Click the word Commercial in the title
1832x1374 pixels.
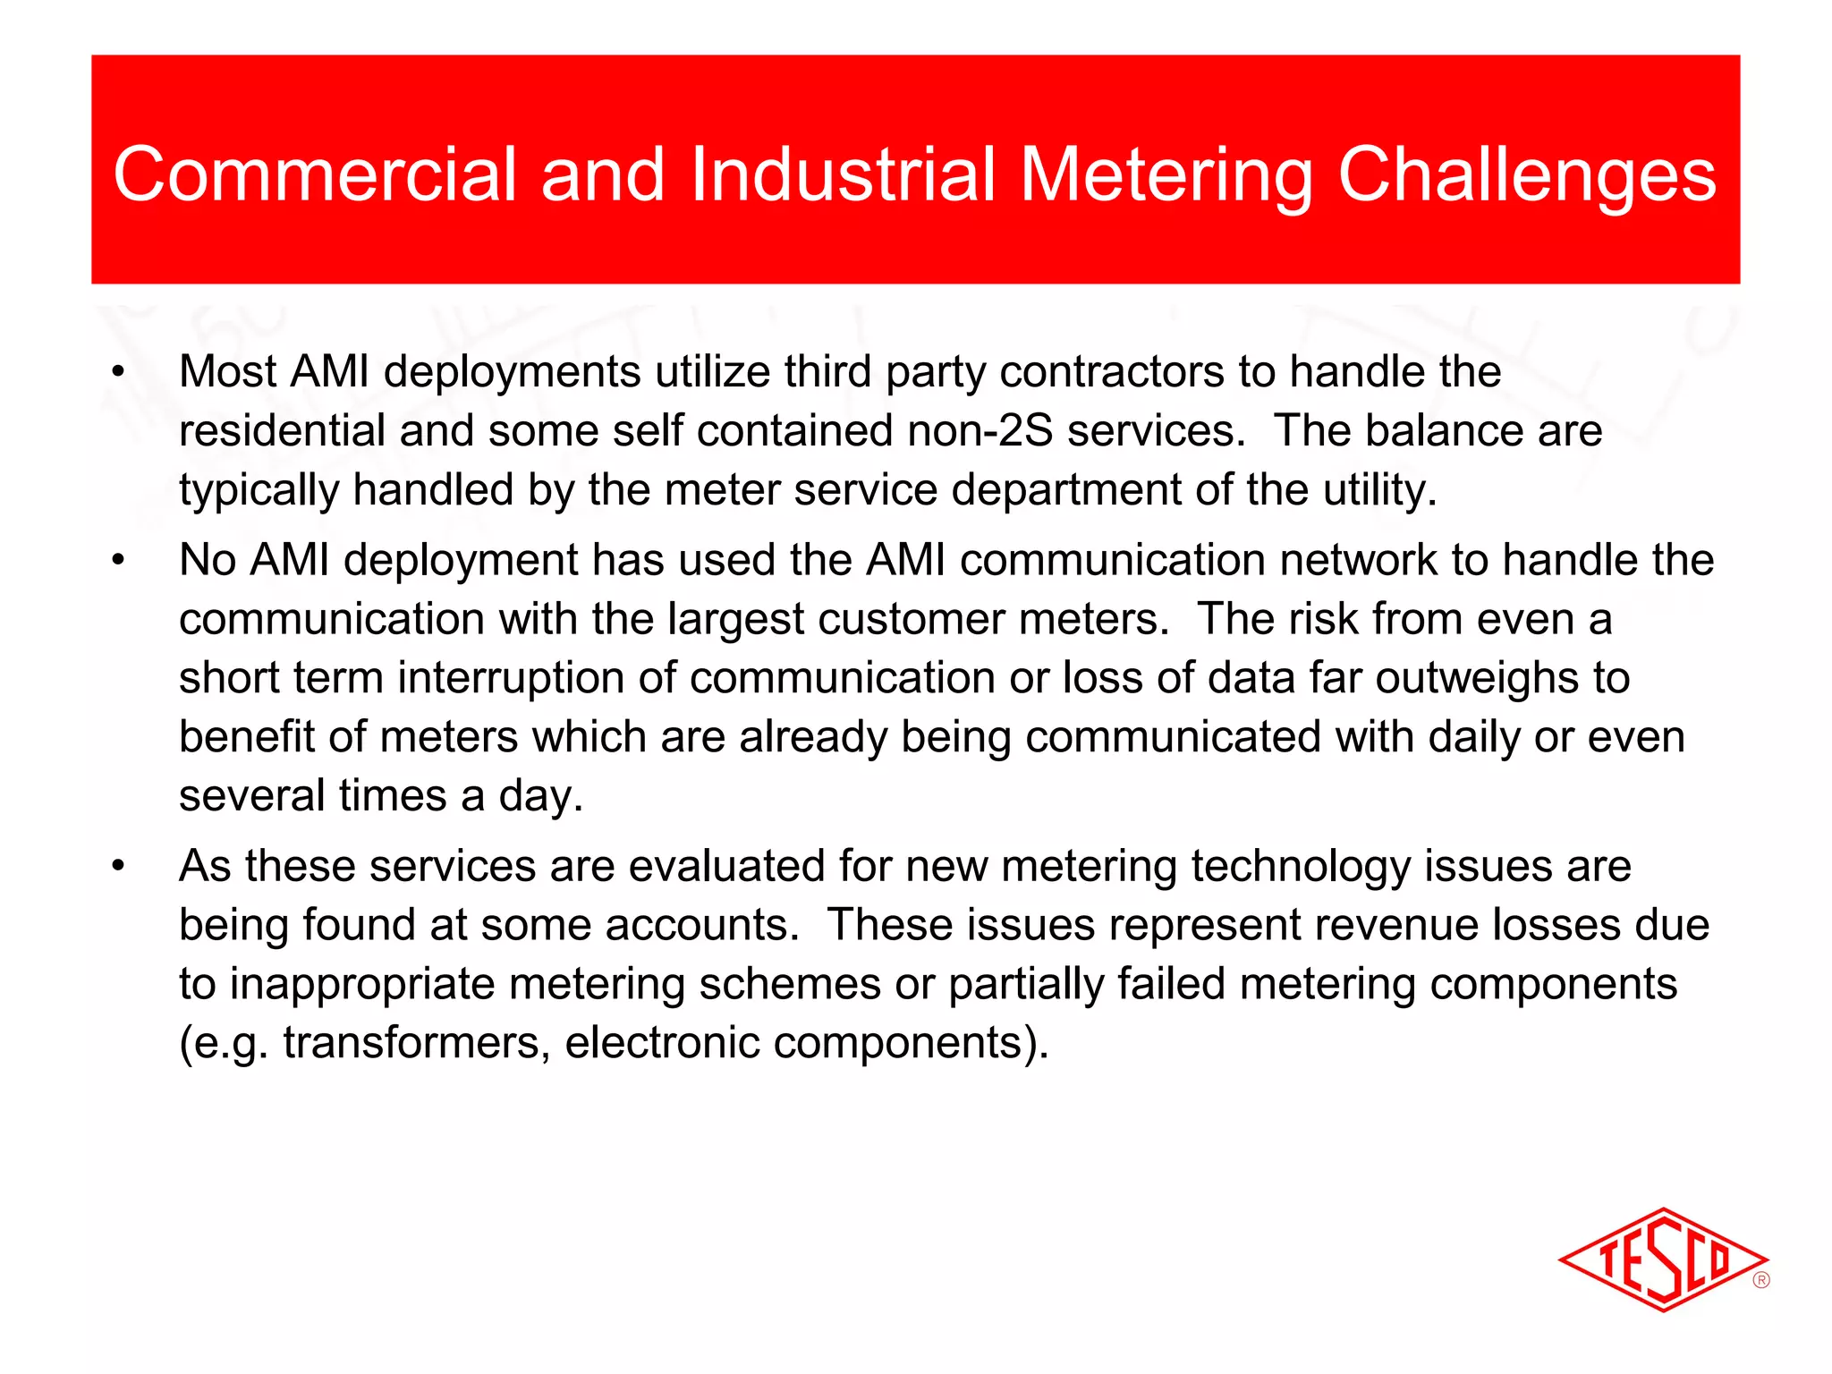(x=315, y=174)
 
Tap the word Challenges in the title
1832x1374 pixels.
(x=1526, y=174)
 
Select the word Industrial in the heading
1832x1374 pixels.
(x=843, y=174)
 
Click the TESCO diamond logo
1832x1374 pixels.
(x=1662, y=1259)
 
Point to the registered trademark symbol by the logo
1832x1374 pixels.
(x=1761, y=1280)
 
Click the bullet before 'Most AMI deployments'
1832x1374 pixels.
(x=118, y=372)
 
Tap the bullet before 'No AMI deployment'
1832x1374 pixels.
(x=118, y=561)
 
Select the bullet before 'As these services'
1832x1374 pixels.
(x=118, y=867)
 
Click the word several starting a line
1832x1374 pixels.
(x=251, y=796)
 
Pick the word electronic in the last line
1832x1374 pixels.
(x=662, y=1043)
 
